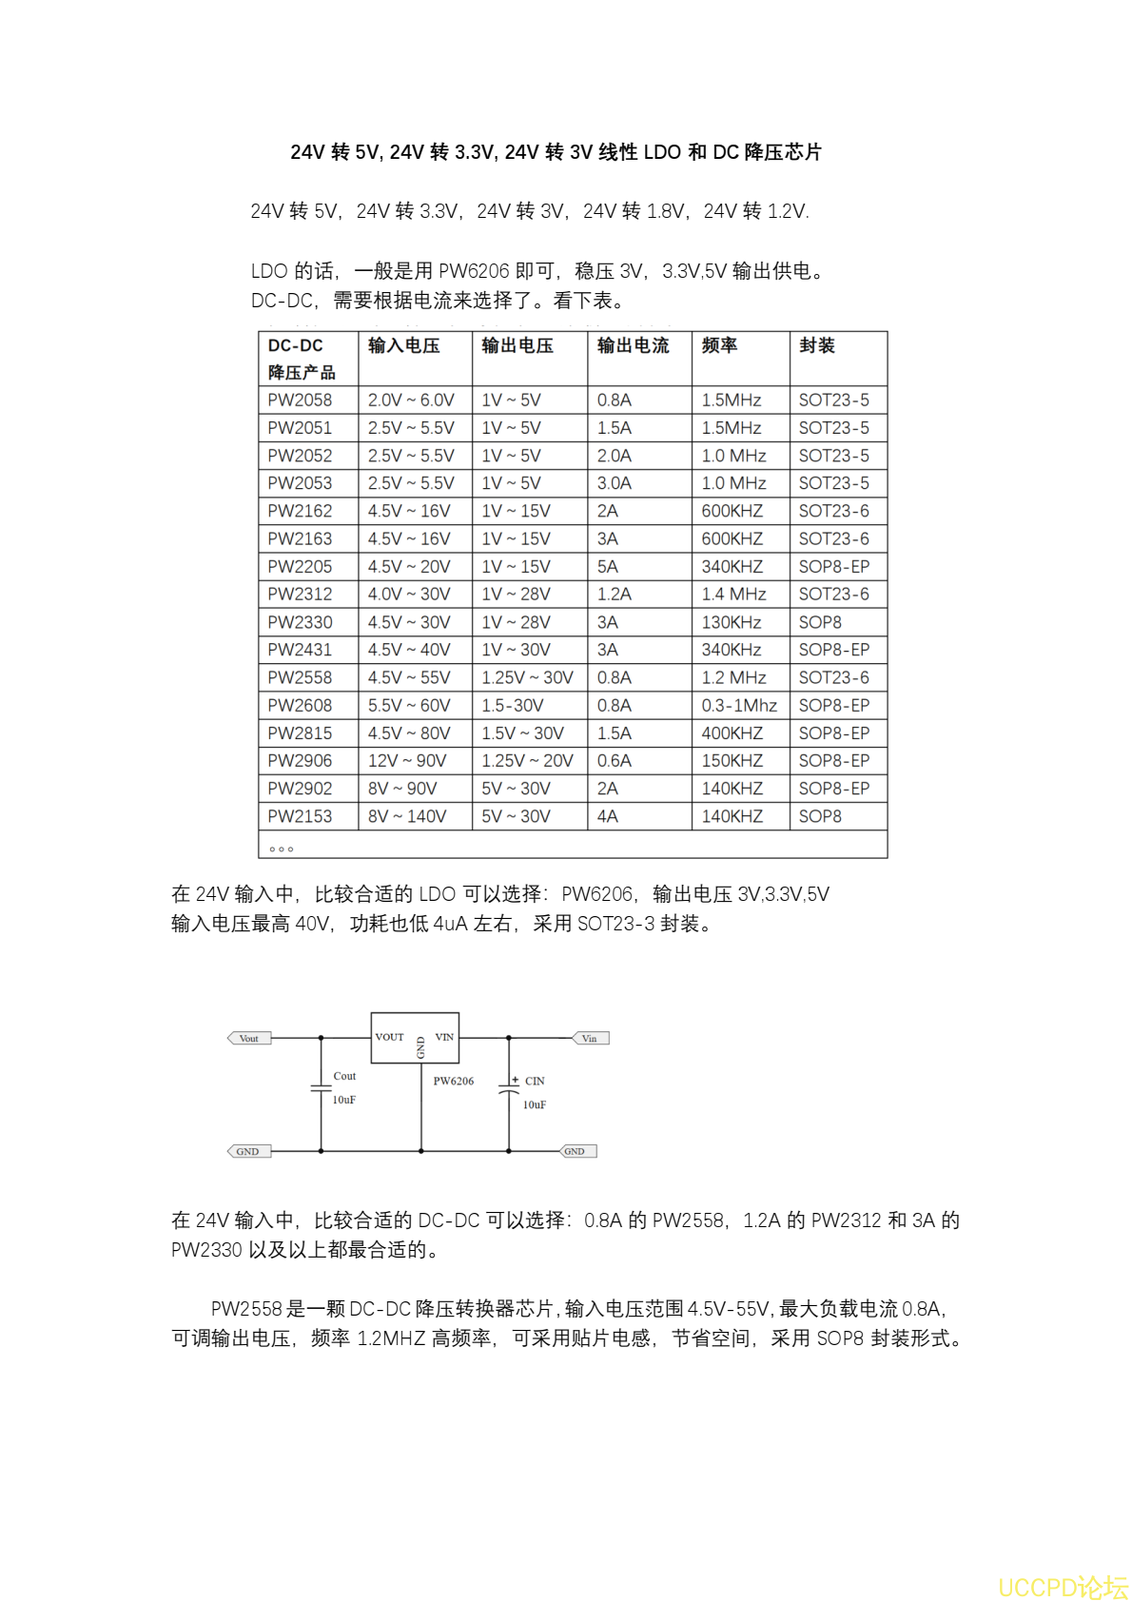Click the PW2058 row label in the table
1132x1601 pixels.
tap(300, 400)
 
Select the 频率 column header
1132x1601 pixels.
tap(719, 346)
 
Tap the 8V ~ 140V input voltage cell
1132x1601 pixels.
tap(406, 816)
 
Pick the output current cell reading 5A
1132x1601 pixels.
tap(608, 567)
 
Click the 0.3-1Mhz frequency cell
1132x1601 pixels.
tap(739, 706)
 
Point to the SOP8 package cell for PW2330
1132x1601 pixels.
tap(820, 622)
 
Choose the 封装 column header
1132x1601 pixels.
tap(817, 346)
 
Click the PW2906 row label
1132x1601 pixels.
tap(300, 761)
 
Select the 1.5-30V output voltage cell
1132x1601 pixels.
tap(512, 706)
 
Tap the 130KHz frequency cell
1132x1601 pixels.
tap(732, 622)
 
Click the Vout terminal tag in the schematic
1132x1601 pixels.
tap(249, 1039)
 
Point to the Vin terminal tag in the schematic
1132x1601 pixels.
tap(590, 1039)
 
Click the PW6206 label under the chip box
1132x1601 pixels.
tap(454, 1082)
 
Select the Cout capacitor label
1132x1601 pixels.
tap(344, 1077)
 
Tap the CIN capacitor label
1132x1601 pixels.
tap(535, 1082)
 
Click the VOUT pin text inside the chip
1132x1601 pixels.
tap(389, 1037)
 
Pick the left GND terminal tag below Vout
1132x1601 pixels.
tap(248, 1152)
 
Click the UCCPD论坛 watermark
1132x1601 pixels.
tap(1063, 1587)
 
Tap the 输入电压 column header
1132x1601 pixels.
tap(403, 346)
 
